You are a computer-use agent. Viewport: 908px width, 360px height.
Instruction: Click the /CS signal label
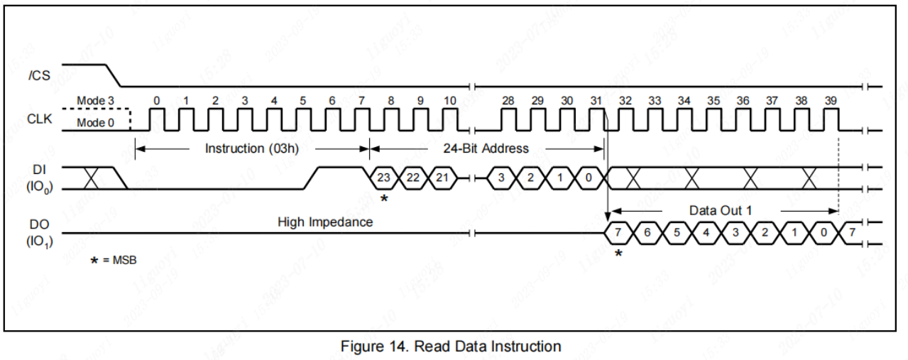pyautogui.click(x=39, y=74)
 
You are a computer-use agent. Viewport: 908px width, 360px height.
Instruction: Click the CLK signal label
pyautogui.click(x=39, y=119)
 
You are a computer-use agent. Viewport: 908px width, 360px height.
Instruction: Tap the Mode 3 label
pyautogui.click(x=95, y=102)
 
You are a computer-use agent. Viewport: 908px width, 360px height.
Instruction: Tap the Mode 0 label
pyautogui.click(x=95, y=123)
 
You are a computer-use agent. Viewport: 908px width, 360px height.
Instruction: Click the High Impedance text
pyautogui.click(x=325, y=222)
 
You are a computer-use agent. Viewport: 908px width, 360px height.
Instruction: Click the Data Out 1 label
pyautogui.click(x=721, y=211)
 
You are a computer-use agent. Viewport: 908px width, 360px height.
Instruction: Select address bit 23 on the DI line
pyautogui.click(x=384, y=178)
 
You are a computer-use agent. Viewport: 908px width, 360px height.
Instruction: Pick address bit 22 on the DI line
pyautogui.click(x=413, y=178)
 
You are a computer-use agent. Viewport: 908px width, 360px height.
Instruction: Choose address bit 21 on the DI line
pyautogui.click(x=442, y=178)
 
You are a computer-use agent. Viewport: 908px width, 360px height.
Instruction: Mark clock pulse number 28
pyautogui.click(x=508, y=102)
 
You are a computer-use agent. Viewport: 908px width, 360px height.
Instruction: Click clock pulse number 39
pyautogui.click(x=831, y=102)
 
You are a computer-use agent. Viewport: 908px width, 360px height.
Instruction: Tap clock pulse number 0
pyautogui.click(x=156, y=102)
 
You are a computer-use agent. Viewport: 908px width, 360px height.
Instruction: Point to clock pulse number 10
pyautogui.click(x=449, y=102)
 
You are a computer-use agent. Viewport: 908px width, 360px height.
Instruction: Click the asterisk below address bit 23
pyautogui.click(x=384, y=199)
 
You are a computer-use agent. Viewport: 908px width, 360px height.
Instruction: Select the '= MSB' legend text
pyautogui.click(x=119, y=260)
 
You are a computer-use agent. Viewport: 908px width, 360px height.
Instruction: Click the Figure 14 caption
pyautogui.click(x=451, y=347)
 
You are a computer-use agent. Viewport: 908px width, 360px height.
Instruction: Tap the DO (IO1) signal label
pyautogui.click(x=39, y=233)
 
